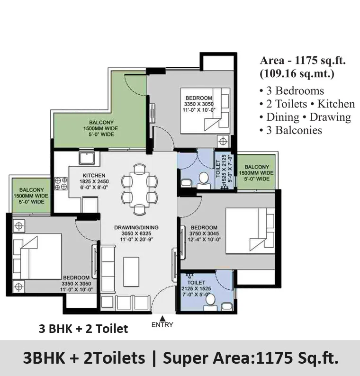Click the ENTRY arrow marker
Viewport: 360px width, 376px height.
[x=162, y=319]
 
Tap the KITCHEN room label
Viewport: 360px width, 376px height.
[x=94, y=175]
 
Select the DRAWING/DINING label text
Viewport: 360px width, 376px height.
[x=136, y=227]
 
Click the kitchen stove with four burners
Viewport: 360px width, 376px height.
[x=61, y=183]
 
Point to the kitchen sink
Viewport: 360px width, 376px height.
[x=87, y=158]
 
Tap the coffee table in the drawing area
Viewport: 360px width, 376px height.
[x=131, y=271]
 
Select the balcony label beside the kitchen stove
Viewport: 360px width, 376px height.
[x=31, y=196]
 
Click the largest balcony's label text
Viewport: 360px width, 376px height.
[x=101, y=128]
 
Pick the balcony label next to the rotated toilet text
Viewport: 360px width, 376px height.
[x=256, y=173]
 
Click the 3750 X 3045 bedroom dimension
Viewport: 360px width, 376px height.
[x=204, y=233]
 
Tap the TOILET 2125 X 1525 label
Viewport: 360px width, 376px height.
[x=196, y=288]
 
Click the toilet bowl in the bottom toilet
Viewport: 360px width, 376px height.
[x=211, y=300]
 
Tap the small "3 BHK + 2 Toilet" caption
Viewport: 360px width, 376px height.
[x=83, y=329]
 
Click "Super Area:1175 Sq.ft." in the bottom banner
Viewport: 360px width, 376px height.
[x=251, y=358]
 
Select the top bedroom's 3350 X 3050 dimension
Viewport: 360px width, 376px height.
[x=198, y=104]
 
